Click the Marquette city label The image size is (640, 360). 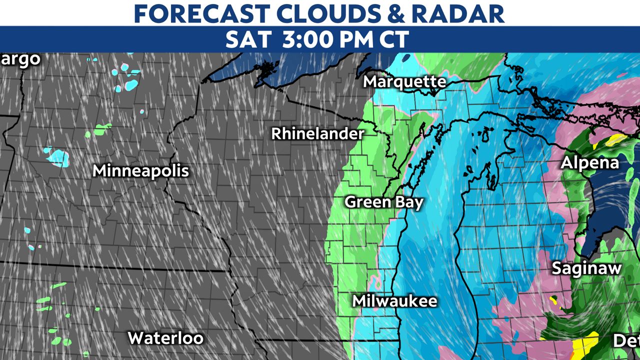pos(404,81)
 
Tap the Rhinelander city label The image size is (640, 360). pos(317,134)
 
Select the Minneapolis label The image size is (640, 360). pos(140,171)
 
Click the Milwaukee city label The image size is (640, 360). pos(394,301)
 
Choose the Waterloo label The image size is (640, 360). pos(165,338)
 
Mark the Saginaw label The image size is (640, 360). pos(586,268)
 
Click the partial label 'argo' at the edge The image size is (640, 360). pos(20,59)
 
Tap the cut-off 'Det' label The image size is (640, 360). pos(626,341)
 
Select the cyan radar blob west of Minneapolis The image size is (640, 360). pos(57,157)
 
